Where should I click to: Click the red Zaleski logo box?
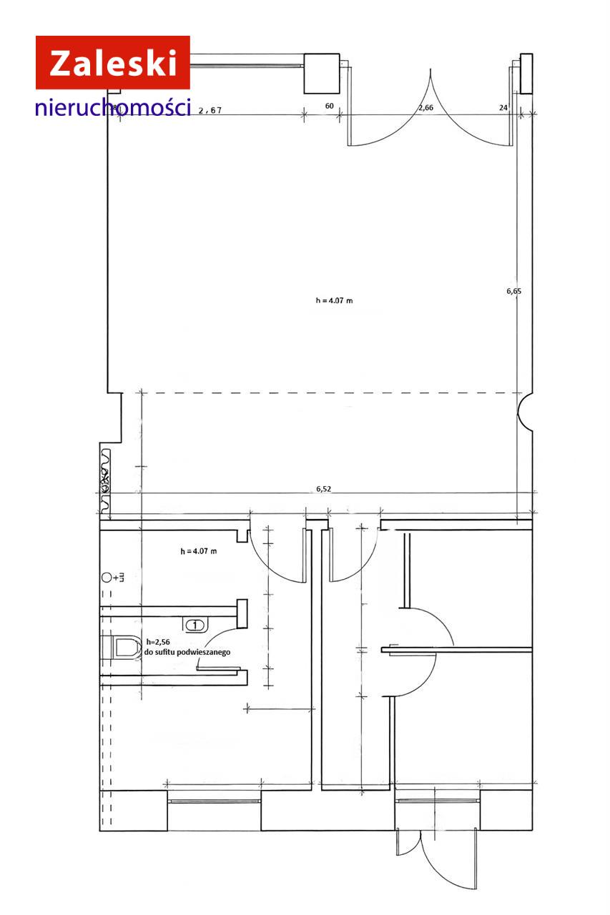coord(113,62)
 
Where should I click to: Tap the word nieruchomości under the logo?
coord(113,107)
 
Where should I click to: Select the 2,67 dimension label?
coord(210,110)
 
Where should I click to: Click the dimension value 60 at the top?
coord(329,107)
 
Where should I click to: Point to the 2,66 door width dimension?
coord(425,108)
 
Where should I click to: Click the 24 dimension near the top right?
coord(503,107)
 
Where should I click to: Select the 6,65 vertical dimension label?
coord(514,291)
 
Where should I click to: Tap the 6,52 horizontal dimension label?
coord(323,488)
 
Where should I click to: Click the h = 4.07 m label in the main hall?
coord(334,301)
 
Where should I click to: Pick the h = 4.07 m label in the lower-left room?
coord(199,551)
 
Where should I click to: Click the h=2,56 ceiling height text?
coord(158,642)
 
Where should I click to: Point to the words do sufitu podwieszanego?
coord(187,653)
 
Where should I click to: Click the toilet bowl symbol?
coord(122,648)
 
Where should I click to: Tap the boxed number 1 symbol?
coord(195,625)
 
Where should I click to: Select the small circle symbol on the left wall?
coord(107,578)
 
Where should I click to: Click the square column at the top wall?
coord(322,74)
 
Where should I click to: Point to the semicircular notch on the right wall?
coord(525,412)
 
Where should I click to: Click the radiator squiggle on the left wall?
coord(105,481)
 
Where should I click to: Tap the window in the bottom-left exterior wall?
coord(214,801)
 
